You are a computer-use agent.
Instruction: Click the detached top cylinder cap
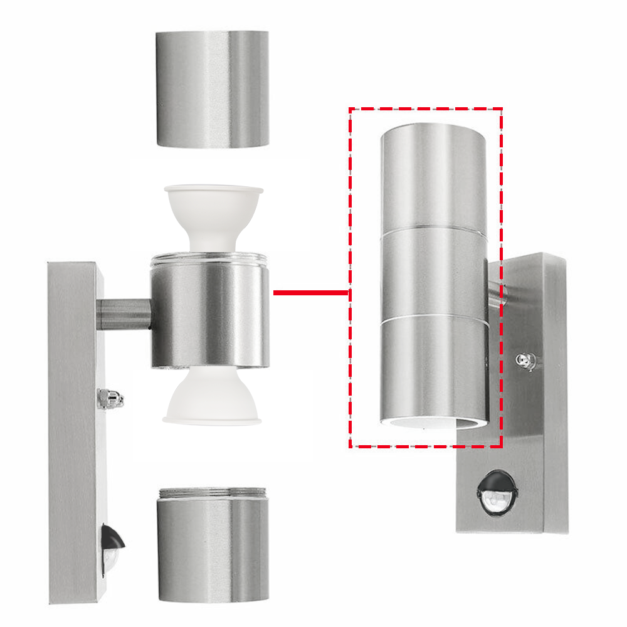click(213, 89)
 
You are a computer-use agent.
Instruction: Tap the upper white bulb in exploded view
click(213, 213)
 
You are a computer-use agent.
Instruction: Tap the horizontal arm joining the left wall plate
click(124, 314)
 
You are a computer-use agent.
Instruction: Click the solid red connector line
click(310, 292)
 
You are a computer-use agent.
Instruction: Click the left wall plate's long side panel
click(72, 433)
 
